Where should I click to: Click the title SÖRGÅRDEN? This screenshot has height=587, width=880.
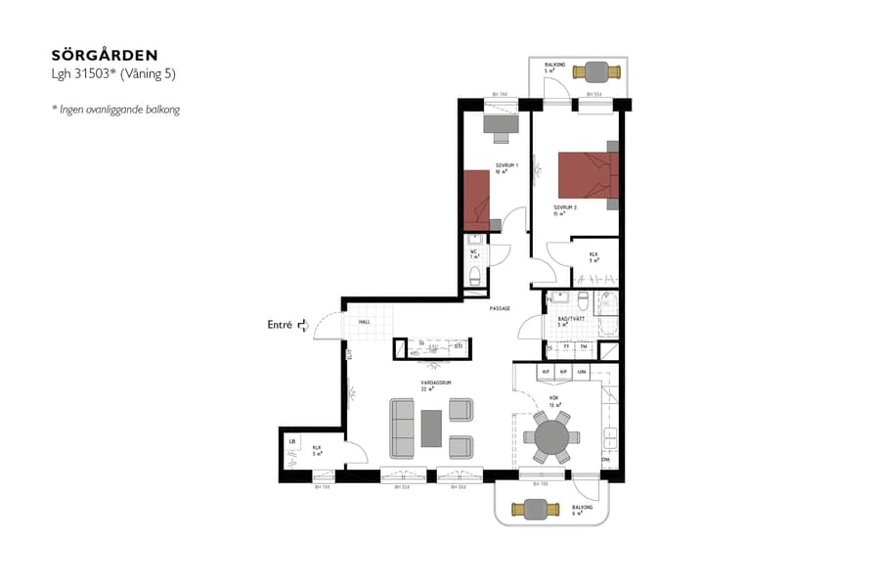pos(104,56)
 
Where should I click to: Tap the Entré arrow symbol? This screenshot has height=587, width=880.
pos(303,325)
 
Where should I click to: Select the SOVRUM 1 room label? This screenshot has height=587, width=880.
pos(506,167)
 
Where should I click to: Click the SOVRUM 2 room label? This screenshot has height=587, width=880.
pos(564,209)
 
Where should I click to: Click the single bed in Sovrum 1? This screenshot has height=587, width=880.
pos(475,195)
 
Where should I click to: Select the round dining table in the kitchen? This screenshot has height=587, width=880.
pos(551,436)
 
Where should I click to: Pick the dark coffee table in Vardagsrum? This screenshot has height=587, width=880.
pos(432,429)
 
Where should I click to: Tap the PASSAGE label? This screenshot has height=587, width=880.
pos(500,309)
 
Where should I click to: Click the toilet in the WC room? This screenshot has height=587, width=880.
pos(475,279)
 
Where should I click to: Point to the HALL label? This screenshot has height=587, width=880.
pos(364,322)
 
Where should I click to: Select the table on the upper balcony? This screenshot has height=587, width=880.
pos(594,71)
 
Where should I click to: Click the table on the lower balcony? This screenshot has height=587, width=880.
pos(536,509)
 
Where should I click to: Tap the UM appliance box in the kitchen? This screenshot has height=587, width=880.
pos(582,373)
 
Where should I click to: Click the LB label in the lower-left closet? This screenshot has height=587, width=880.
pos(291,443)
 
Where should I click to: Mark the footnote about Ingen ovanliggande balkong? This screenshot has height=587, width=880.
pos(115,110)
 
